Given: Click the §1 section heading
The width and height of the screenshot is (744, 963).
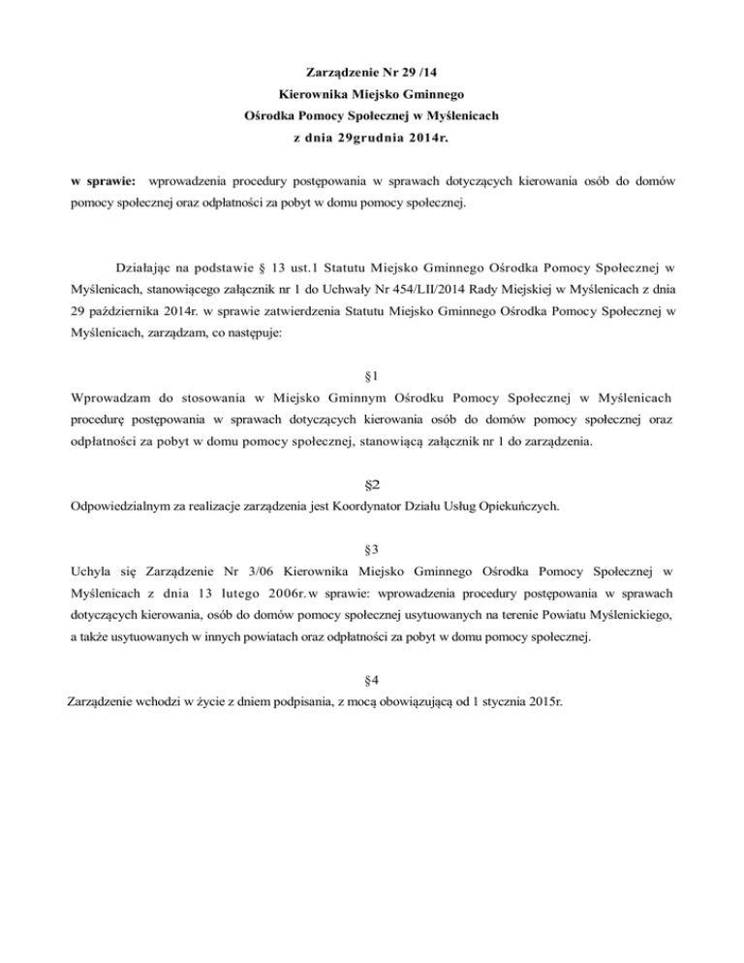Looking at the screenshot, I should [371, 373].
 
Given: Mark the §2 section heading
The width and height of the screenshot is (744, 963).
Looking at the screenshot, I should [371, 482].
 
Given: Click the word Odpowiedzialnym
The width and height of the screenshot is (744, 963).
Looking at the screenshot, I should [130, 506].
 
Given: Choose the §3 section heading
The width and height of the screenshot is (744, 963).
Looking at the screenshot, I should [371, 549].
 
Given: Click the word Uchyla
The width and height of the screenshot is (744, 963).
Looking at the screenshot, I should [93, 574].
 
